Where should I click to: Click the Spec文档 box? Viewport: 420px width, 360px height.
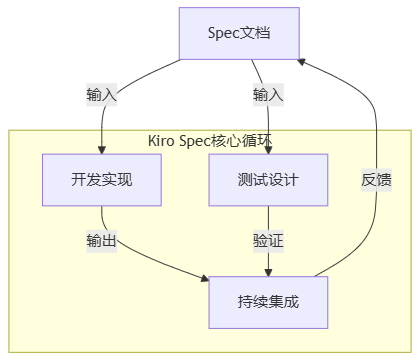click(x=239, y=33)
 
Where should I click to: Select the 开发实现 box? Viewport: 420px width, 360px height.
click(x=102, y=180)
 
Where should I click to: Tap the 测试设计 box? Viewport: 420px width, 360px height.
click(x=268, y=180)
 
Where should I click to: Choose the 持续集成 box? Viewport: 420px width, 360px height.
click(x=268, y=302)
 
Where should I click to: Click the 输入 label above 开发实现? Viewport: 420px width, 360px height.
click(x=102, y=95)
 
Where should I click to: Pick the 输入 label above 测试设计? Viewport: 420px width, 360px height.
click(x=268, y=95)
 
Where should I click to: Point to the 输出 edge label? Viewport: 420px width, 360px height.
click(x=102, y=241)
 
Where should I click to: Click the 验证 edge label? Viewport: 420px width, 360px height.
click(x=268, y=241)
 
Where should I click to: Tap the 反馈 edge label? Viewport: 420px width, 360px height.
click(x=376, y=180)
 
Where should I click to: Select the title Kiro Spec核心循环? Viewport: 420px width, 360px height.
click(x=210, y=141)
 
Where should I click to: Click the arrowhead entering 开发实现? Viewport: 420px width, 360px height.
click(x=102, y=150)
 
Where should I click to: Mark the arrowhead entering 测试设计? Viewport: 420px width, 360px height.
click(x=268, y=150)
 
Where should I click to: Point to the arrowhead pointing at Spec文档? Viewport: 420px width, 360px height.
click(x=302, y=62)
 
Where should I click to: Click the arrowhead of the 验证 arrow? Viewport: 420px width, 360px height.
click(x=268, y=272)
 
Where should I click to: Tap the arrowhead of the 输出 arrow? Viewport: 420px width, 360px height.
click(x=205, y=278)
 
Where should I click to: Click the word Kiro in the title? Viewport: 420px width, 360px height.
click(x=161, y=141)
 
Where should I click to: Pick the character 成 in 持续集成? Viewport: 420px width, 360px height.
click(x=291, y=302)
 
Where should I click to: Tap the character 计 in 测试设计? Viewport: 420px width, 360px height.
click(x=291, y=180)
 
